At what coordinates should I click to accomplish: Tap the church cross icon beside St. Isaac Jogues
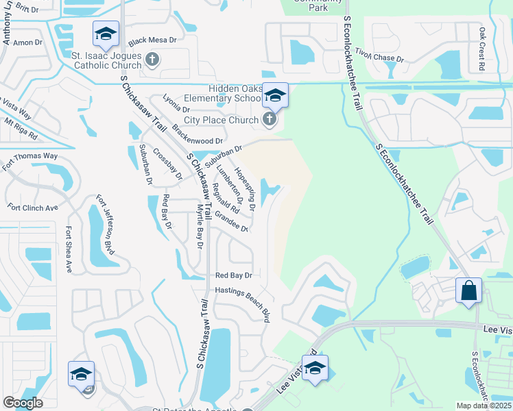[152, 60]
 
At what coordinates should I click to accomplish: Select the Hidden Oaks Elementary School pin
[275, 95]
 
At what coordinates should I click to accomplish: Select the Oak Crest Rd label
[481, 49]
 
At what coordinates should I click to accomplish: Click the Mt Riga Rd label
[21, 129]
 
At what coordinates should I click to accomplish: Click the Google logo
[23, 403]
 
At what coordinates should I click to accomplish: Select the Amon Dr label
[27, 42]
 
